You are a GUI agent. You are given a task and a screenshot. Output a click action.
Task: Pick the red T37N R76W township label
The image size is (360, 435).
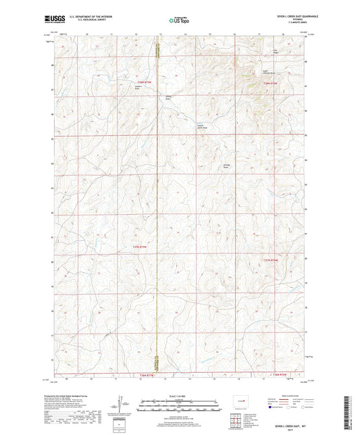tap(270, 260)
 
